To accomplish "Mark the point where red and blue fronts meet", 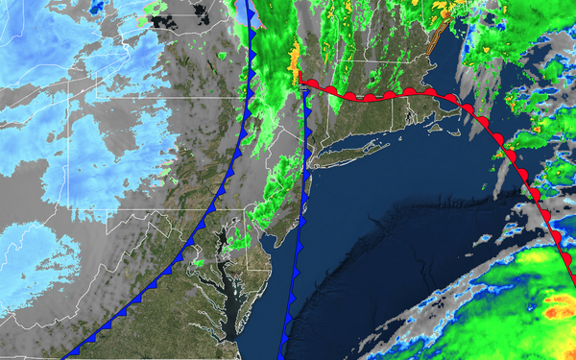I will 301,85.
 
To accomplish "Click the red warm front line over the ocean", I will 480,113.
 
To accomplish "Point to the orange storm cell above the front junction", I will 295,60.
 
